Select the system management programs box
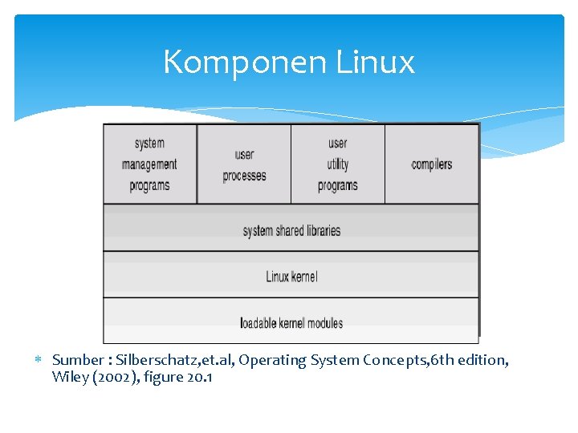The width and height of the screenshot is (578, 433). tap(150, 164)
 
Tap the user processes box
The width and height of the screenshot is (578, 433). tap(244, 164)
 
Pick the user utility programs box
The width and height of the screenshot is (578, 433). tap(338, 164)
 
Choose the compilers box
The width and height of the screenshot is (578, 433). tap(432, 164)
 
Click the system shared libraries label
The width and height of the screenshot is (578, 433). tap(291, 231)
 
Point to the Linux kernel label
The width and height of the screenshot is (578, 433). tap(291, 277)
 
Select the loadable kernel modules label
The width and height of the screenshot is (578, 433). tap(291, 323)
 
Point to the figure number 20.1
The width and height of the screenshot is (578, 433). tap(200, 377)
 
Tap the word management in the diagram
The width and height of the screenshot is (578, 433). tap(149, 164)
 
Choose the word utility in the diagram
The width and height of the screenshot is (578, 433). tap(338, 164)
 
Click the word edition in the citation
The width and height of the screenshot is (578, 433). tap(482, 361)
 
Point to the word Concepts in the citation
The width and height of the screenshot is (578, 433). tap(394, 361)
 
